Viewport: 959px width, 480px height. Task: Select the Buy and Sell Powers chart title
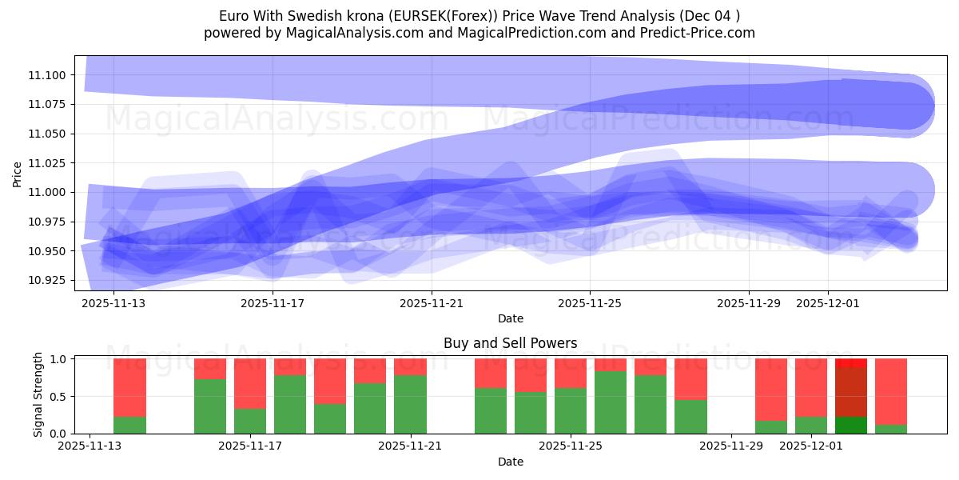(x=510, y=343)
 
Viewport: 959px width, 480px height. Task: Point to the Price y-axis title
(x=18, y=174)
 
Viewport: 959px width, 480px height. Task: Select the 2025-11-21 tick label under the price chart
(x=432, y=303)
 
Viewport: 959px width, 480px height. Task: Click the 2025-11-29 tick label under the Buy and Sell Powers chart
(x=731, y=446)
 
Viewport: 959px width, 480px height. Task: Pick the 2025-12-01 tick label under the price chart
(x=828, y=303)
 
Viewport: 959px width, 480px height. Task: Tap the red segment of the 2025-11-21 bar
(x=410, y=366)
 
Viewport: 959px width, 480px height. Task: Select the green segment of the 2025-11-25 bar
(x=571, y=410)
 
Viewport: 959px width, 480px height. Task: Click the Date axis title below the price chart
(x=510, y=318)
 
